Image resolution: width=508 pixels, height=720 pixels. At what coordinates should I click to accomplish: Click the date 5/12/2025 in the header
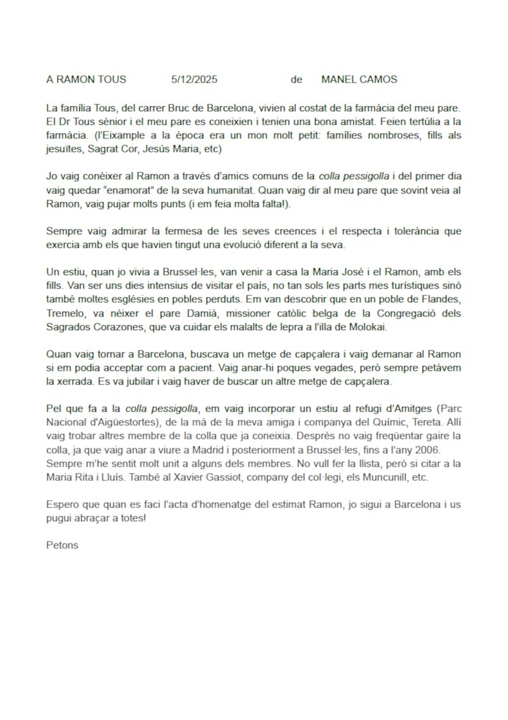point(194,80)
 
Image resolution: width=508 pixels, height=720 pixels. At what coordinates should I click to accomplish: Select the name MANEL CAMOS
point(359,80)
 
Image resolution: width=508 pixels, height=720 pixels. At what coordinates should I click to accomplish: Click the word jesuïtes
point(67,149)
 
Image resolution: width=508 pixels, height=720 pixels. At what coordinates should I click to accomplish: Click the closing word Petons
point(62,545)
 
